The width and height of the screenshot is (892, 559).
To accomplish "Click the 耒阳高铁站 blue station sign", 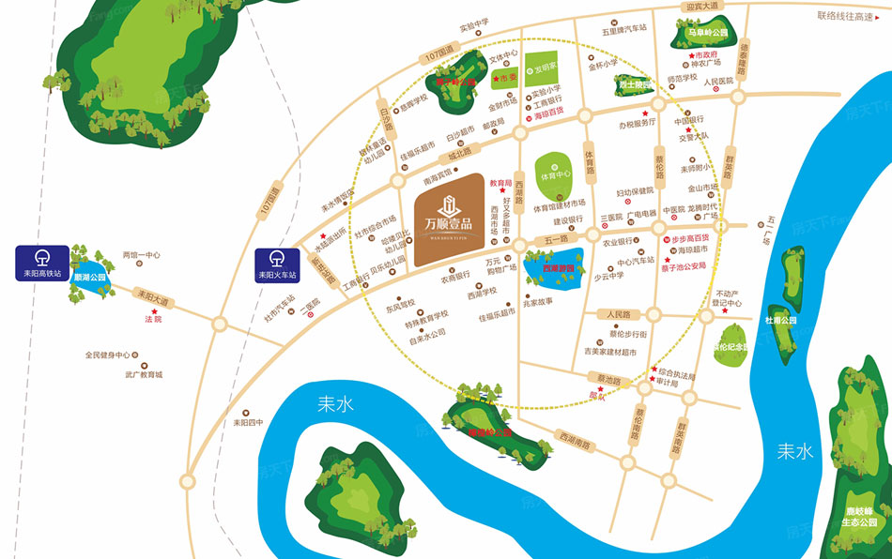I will coord(41,264).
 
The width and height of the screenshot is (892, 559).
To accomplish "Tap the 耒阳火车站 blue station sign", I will coord(277,264).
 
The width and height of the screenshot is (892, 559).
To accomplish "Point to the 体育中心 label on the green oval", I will coord(555,175).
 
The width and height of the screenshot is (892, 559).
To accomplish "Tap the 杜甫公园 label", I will coord(781,320).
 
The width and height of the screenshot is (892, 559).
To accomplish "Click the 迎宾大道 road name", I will coord(700,6).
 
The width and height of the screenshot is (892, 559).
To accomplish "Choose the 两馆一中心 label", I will coord(142,255).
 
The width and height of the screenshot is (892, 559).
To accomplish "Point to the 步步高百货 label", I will coord(690,238).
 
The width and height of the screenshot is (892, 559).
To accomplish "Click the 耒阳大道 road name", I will coord(151,295).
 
